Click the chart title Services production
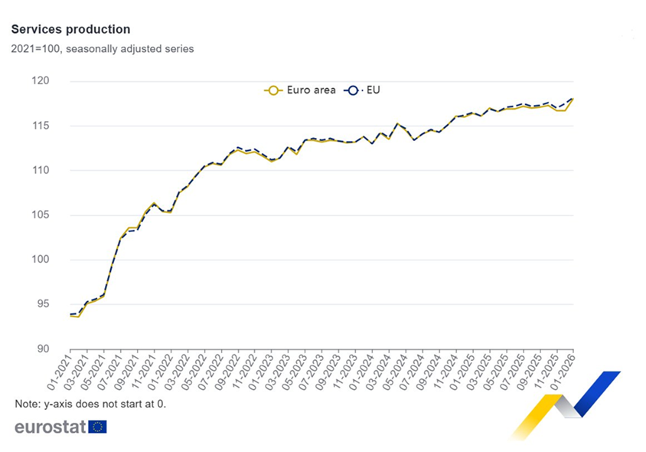(x=70, y=29)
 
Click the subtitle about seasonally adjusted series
(x=103, y=49)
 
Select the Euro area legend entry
(x=300, y=90)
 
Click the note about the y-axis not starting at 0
(x=90, y=404)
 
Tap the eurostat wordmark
(x=50, y=427)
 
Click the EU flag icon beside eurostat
(x=98, y=427)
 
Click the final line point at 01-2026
(x=573, y=99)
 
